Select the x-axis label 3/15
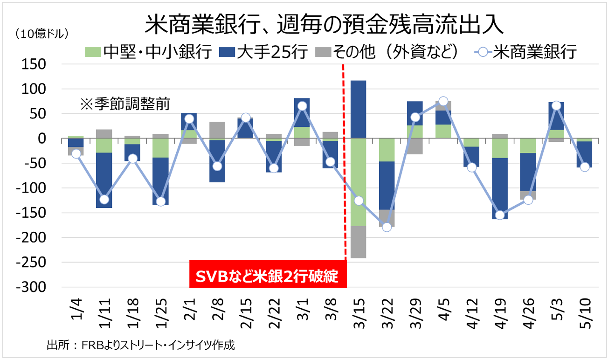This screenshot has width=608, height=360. click(359, 313)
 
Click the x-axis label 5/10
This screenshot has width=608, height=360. click(585, 313)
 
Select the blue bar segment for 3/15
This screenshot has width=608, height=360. click(358, 109)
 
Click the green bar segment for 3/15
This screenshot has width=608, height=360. click(358, 182)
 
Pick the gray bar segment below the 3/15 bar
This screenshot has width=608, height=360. click(358, 242)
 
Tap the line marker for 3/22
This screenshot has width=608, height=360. click(387, 227)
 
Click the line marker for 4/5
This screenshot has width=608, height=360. click(443, 101)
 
